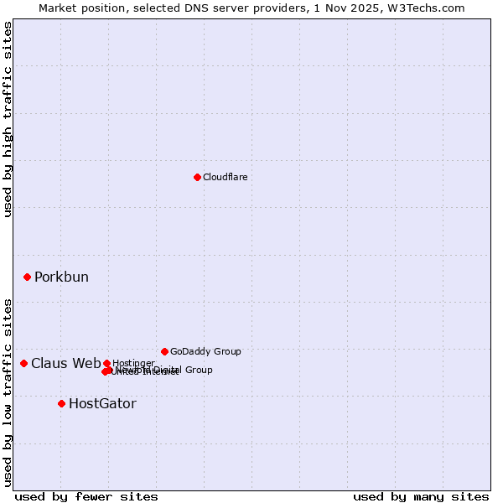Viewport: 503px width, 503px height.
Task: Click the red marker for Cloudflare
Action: coord(197,177)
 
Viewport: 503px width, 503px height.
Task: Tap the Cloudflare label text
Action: coord(225,177)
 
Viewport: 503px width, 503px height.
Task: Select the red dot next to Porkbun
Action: coord(27,277)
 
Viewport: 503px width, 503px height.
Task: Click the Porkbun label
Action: coord(61,277)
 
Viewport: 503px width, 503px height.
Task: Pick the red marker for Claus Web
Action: coord(23,363)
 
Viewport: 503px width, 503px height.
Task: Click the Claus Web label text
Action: coord(65,363)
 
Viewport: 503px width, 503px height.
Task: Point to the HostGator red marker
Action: coord(61,403)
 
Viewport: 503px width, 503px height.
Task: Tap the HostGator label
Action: coord(102,404)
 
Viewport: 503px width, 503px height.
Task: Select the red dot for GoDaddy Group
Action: coord(164,351)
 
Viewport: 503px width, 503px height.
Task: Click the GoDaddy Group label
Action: coord(205,351)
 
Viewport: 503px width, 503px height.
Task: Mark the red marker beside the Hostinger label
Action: coord(106,363)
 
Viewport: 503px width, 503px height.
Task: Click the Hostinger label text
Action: coord(134,363)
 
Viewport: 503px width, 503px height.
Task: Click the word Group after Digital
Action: coord(200,370)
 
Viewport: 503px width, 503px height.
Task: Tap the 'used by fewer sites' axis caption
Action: coord(86,496)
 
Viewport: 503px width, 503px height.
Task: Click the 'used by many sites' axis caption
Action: coord(421,496)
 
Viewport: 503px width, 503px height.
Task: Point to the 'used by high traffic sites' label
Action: coord(8,119)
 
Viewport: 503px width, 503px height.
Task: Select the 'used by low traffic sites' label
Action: coord(8,392)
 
